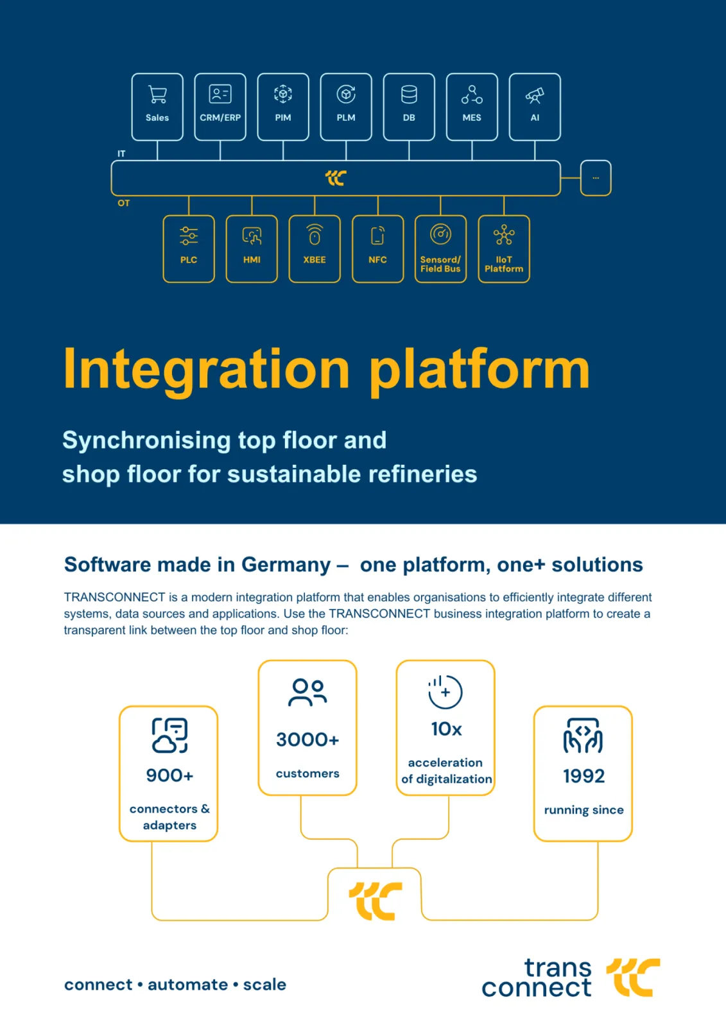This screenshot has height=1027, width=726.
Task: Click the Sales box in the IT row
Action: [x=157, y=107]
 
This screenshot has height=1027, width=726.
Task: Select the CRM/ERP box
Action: [x=220, y=107]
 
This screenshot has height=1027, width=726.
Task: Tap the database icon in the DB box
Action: [x=409, y=95]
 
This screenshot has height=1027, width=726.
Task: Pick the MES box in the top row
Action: [x=472, y=107]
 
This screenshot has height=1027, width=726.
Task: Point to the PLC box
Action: [x=189, y=248]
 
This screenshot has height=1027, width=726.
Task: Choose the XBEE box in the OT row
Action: [x=315, y=248]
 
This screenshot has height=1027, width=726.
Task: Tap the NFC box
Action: [x=377, y=248]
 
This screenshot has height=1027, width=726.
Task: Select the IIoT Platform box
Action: [x=504, y=248]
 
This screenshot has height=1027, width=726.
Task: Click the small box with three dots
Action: [x=596, y=178]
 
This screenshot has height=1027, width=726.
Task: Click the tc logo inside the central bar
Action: [x=336, y=178]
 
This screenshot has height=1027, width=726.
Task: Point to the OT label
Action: [x=124, y=203]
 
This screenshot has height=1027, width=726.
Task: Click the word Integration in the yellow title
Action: [x=207, y=370]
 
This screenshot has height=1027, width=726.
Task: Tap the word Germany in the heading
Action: [x=286, y=565]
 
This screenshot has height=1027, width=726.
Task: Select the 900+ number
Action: [x=169, y=775]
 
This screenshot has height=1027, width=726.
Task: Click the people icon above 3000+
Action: [x=307, y=692]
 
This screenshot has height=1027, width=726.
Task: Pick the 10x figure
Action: [x=446, y=729]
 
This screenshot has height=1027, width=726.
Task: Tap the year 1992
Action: [x=583, y=776]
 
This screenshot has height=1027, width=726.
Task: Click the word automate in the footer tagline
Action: [x=187, y=985]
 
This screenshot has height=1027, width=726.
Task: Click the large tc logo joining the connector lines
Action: [x=376, y=901]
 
